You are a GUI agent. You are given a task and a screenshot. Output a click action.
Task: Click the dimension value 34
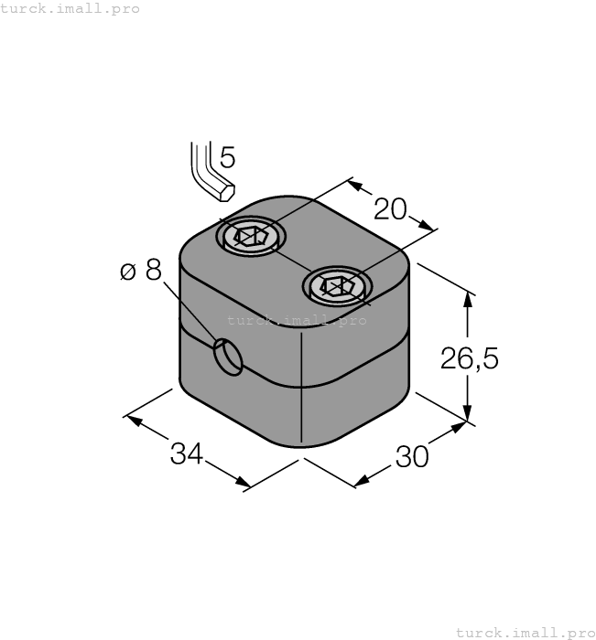[187, 453]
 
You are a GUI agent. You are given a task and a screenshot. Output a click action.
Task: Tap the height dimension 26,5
[470, 358]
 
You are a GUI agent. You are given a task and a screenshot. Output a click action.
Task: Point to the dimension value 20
[391, 209]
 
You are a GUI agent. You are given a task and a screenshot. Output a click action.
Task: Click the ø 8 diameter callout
[140, 271]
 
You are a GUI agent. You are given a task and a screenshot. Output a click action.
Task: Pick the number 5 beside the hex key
[227, 158]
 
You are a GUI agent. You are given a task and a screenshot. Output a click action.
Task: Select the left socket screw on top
[250, 237]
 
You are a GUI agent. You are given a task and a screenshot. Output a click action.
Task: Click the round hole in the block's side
[229, 357]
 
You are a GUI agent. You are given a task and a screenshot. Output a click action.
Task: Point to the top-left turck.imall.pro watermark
[70, 8]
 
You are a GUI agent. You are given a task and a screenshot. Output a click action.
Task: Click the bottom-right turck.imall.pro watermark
[526, 632]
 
